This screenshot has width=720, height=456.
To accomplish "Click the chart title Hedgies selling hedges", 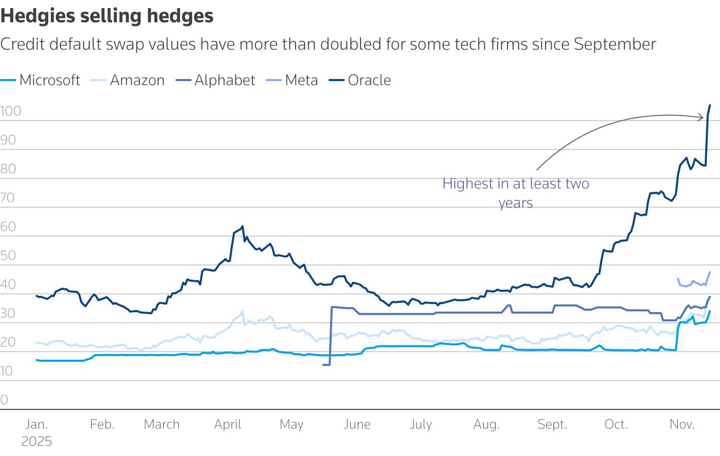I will (107, 16).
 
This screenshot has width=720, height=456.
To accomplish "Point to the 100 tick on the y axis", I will (11, 111).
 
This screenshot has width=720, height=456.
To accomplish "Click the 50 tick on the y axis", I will (8, 255).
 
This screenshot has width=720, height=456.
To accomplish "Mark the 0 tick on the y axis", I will (5, 400).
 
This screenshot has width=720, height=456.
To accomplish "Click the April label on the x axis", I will (227, 424).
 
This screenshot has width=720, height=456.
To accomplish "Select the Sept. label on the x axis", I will (552, 424).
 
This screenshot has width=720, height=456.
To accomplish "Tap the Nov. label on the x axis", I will (682, 424).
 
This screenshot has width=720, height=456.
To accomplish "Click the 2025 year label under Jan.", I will (37, 441).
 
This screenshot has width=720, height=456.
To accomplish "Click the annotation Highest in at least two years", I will (516, 193).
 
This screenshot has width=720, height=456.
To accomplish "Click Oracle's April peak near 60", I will (242, 226).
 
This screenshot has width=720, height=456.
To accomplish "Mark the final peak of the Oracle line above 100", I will (710, 105).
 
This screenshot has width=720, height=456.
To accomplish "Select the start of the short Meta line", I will (678, 278).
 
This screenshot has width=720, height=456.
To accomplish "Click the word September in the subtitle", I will (615, 44).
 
